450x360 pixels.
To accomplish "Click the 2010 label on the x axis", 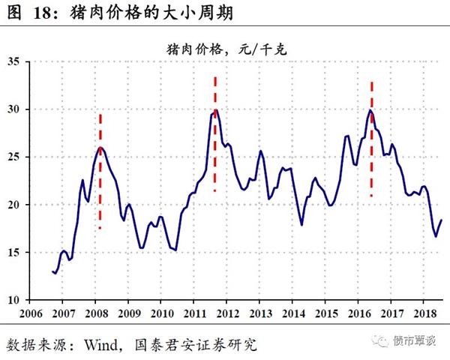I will (x=160, y=313).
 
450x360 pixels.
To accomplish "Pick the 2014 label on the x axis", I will (x=292, y=313).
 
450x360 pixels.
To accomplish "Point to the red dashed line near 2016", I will (x=371, y=139).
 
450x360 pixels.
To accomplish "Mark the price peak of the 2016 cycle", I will (x=370, y=110).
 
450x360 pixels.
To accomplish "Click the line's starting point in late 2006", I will (x=53, y=271).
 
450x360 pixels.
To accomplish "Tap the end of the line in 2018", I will (x=441, y=220).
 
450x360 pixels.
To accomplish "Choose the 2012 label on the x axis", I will (x=226, y=313).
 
